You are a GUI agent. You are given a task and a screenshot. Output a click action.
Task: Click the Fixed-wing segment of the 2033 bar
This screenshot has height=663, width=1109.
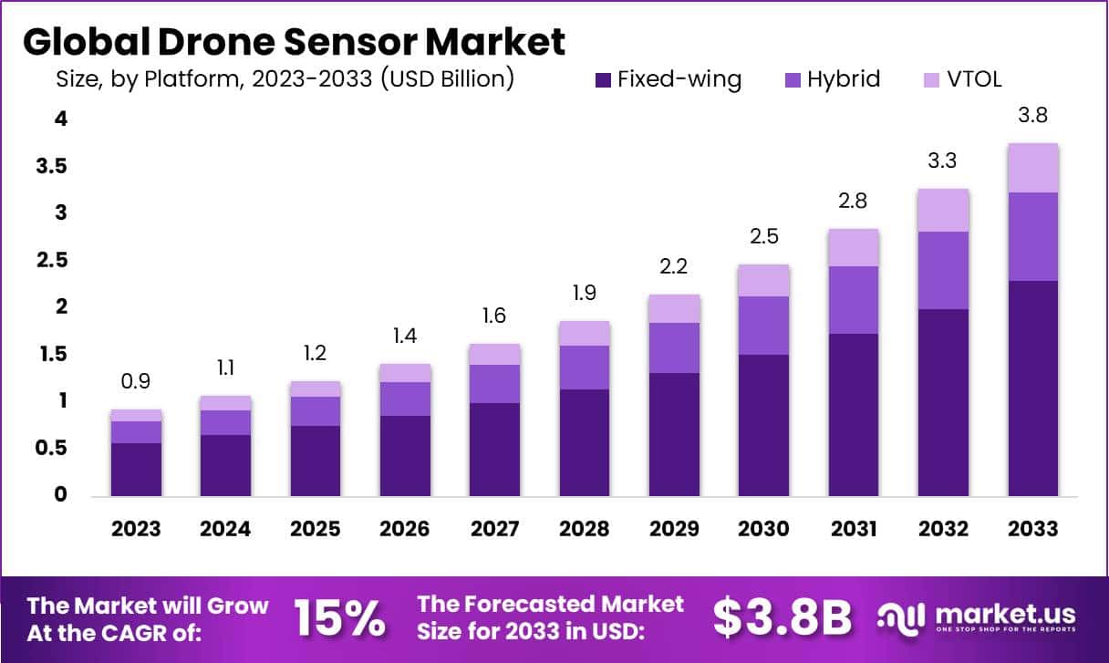pyautogui.click(x=1032, y=388)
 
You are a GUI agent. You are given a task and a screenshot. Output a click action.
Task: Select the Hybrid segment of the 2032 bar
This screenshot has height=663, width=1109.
pyautogui.click(x=943, y=270)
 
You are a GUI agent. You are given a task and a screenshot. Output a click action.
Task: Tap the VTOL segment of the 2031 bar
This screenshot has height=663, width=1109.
pyautogui.click(x=854, y=247)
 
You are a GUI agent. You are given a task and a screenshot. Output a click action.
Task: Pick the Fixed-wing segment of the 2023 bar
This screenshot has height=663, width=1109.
pyautogui.click(x=136, y=469)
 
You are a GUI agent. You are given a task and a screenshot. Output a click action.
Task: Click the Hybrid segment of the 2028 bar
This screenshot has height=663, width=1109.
pyautogui.click(x=585, y=368)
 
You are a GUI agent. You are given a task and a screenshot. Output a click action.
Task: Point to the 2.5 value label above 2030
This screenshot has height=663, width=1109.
pyautogui.click(x=763, y=236)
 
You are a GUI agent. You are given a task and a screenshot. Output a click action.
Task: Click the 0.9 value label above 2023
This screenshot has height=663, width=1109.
pyautogui.click(x=136, y=381)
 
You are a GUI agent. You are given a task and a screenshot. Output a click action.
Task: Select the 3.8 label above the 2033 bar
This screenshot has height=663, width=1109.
pyautogui.click(x=1032, y=115)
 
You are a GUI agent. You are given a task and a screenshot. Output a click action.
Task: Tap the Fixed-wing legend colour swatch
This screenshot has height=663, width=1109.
pyautogui.click(x=603, y=79)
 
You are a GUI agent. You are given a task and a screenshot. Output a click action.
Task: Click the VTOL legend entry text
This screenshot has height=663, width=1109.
pyautogui.click(x=973, y=79)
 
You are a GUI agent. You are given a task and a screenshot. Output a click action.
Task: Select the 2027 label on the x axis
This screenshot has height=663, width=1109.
pyautogui.click(x=494, y=529)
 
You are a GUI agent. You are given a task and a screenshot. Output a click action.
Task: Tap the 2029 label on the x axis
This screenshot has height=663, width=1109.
pyautogui.click(x=674, y=529)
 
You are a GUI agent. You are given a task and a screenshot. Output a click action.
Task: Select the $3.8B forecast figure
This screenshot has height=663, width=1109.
pyautogui.click(x=782, y=617)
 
